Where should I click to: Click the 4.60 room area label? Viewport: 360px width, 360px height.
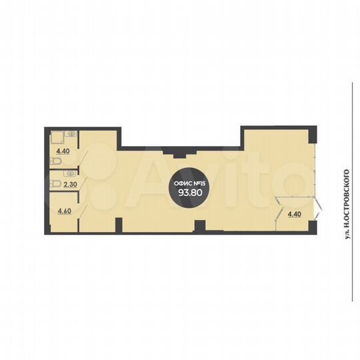point(65,211)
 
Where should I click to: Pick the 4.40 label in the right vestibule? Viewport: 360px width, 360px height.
point(293,214)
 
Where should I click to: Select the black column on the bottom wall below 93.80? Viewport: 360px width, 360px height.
point(197,227)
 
